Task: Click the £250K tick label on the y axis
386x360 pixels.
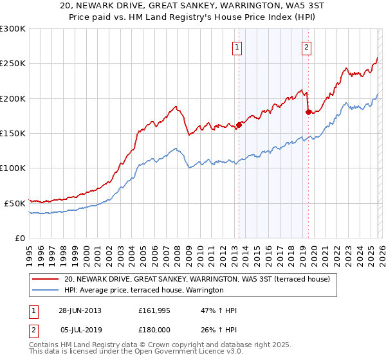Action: tap(12, 64)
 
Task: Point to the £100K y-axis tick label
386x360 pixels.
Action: tap(12, 168)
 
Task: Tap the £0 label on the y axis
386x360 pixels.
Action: tap(19, 238)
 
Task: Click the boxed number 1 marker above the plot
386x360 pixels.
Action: tap(237, 46)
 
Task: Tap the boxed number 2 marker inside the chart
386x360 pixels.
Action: tap(306, 46)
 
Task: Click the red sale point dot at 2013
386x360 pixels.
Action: tap(239, 125)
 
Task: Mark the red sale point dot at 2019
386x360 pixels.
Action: tap(308, 113)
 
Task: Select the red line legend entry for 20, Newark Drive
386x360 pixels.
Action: tap(197, 279)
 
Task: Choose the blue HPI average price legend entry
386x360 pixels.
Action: tap(143, 291)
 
